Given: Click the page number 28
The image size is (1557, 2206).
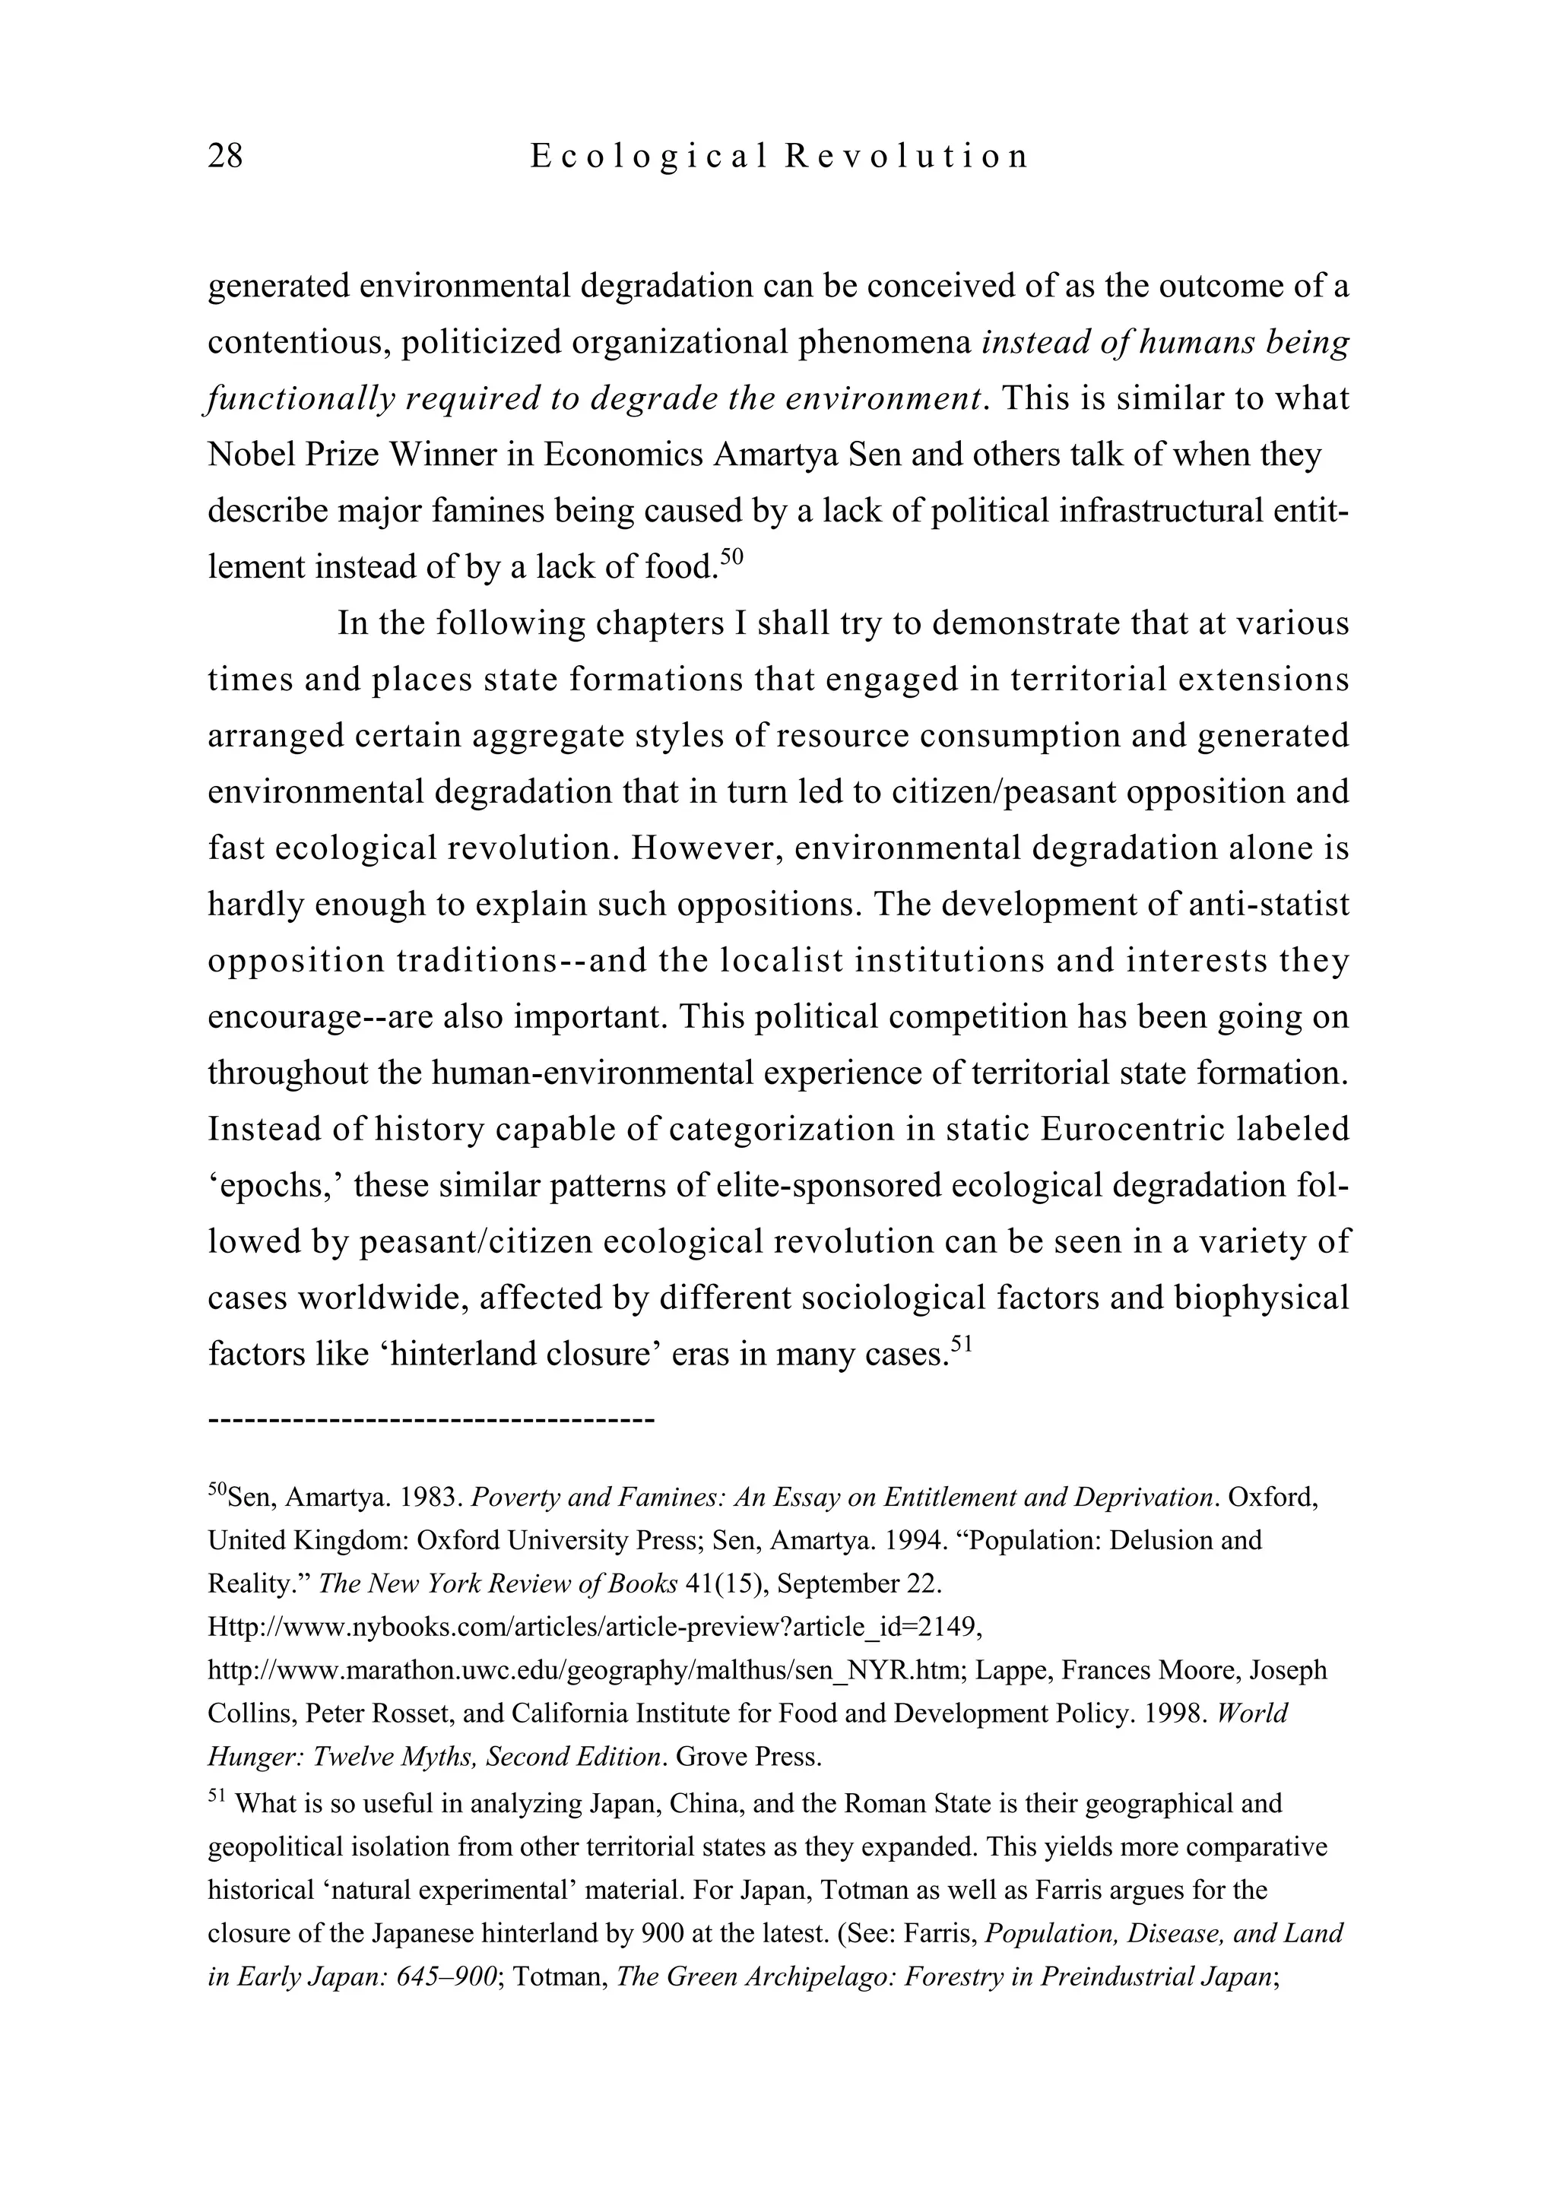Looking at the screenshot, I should tap(225, 156).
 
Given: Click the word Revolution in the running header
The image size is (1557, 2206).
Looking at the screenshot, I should tap(906, 156).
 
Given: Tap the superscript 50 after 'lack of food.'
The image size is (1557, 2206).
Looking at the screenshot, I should tap(732, 556).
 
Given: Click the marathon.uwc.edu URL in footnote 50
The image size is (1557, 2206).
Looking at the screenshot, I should tap(586, 1670).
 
